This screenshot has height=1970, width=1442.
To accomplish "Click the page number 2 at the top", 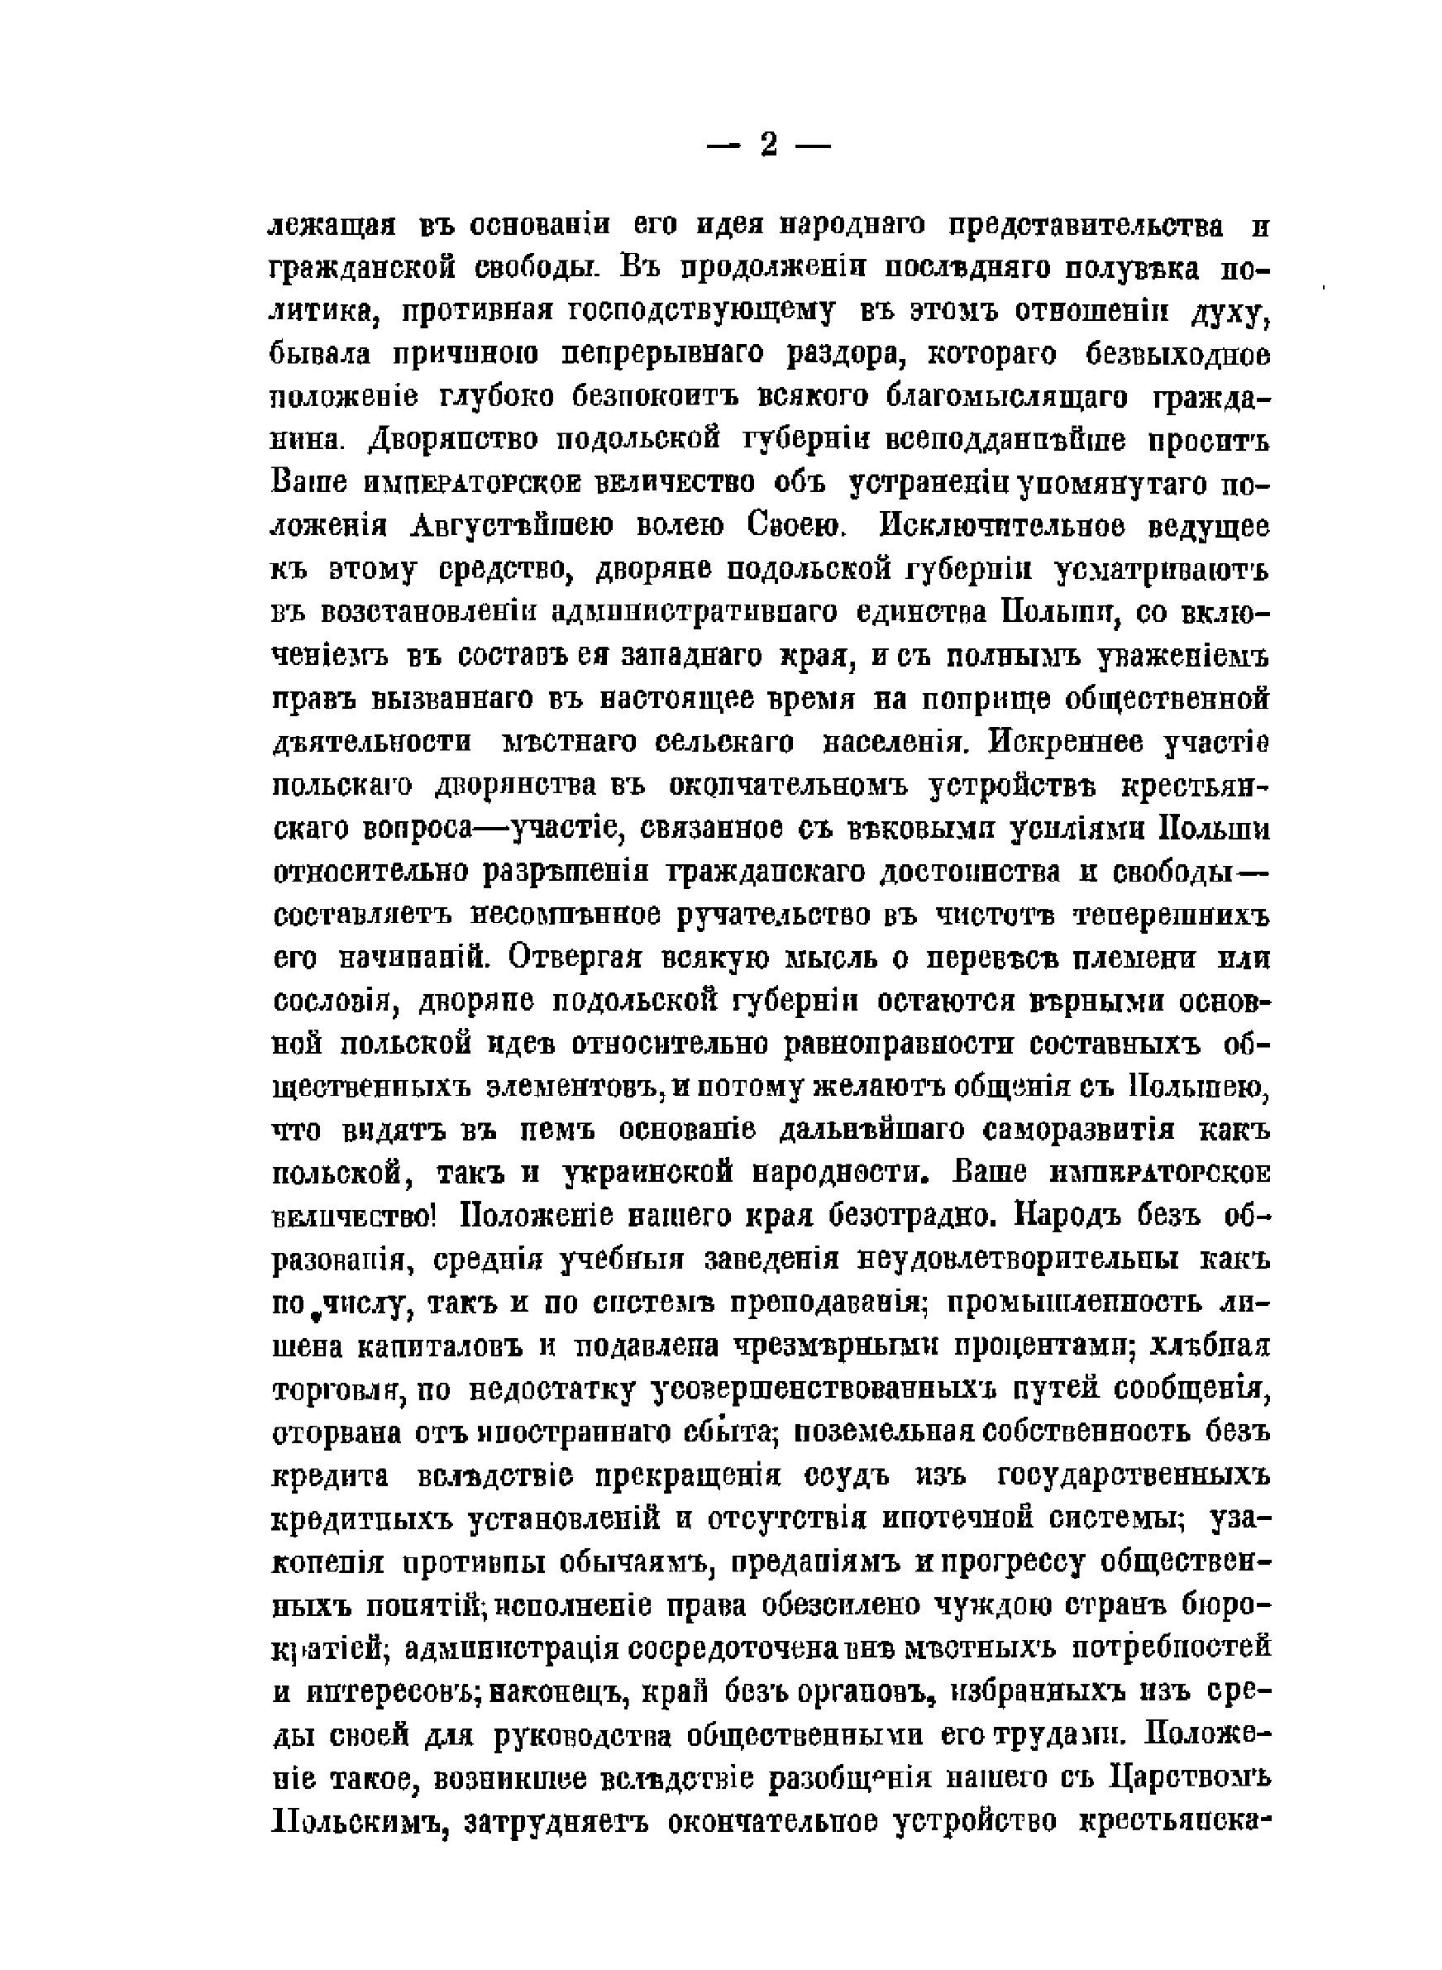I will [x=768, y=145].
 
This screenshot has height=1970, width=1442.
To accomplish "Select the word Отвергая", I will [x=575, y=958].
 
